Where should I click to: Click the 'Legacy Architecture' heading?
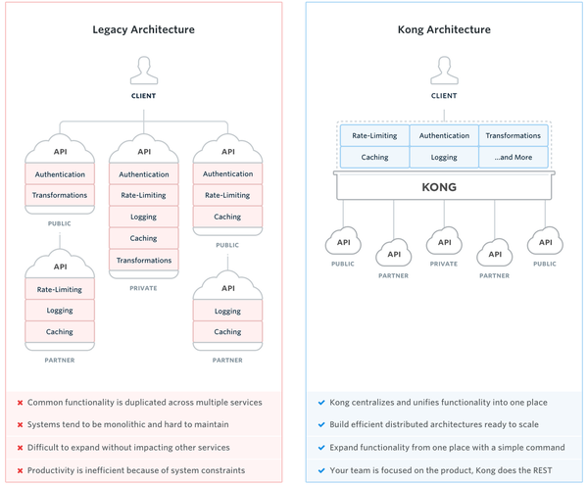coord(143,29)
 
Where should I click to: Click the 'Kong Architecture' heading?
coord(444,29)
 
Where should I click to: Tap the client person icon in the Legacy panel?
coord(144,71)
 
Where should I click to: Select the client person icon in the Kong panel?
coord(444,71)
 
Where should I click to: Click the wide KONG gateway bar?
coord(444,186)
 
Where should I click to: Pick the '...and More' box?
coord(514,157)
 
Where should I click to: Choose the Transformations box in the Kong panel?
coord(514,135)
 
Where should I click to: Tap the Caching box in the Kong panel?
coord(374,157)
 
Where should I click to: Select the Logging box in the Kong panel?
coord(444,157)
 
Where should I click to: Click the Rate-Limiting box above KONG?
coord(374,135)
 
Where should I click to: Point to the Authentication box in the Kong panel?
coord(444,135)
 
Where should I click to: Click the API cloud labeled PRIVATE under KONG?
coord(444,242)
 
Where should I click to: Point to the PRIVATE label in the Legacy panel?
coord(144,288)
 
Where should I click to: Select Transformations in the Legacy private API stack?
coord(144,261)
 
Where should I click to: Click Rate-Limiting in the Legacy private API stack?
coord(144,195)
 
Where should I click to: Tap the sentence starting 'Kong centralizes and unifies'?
coord(438,402)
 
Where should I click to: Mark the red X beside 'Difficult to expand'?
coord(20,448)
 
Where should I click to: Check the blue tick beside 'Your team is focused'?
coord(321,470)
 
